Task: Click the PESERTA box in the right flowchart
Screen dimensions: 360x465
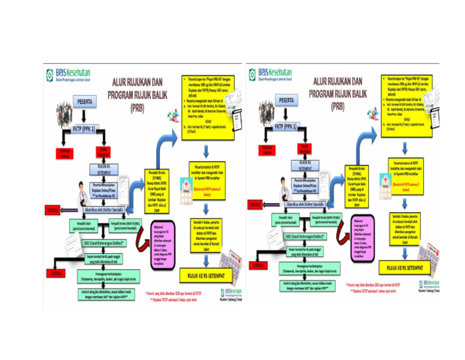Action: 291,99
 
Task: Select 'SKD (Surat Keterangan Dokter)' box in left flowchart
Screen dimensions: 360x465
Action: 105,243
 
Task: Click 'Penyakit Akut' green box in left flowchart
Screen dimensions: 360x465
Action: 84,225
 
